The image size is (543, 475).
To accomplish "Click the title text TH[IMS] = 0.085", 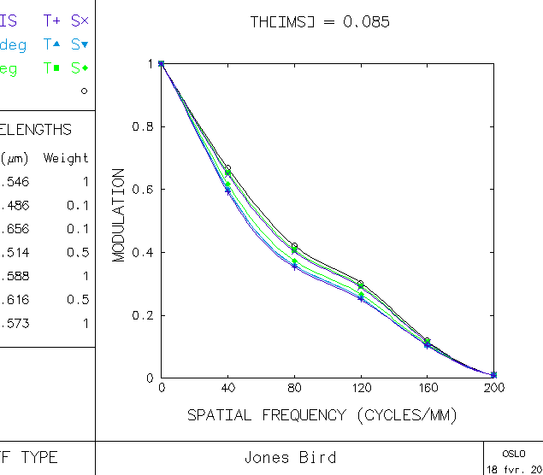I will coord(320,22).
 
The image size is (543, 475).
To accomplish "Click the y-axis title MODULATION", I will coord(119,214).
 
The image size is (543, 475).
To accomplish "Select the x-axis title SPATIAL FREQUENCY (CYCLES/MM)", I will coord(322,415).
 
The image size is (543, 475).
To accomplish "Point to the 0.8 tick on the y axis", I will coord(141,126).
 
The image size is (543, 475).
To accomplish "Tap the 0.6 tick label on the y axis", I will coord(141,190).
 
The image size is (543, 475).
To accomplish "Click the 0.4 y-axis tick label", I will coord(141,253).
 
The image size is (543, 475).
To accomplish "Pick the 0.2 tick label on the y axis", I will coord(141,315).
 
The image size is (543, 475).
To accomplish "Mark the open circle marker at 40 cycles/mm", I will coord(227,169).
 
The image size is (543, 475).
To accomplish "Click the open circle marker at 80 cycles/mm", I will coord(294,246).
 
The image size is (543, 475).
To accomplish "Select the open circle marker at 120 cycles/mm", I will coord(361,284).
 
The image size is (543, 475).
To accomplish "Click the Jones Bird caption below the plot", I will coord(290,457).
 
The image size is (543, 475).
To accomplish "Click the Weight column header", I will coord(66,158).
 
